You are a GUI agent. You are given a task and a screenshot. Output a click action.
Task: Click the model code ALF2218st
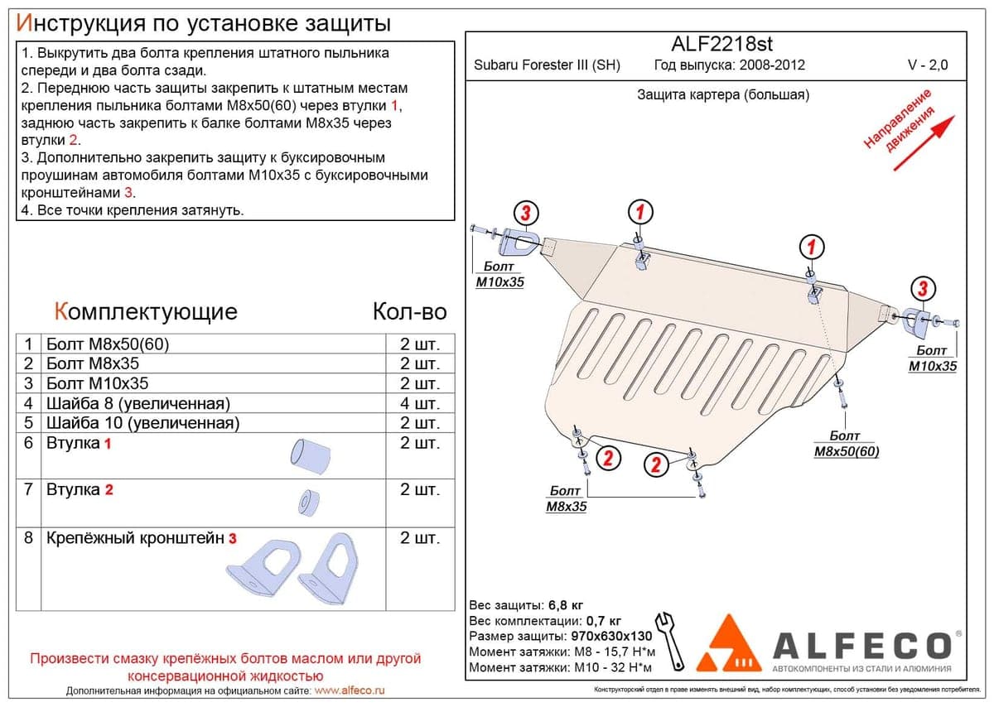721,44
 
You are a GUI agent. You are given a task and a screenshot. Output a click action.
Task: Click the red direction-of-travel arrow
924,143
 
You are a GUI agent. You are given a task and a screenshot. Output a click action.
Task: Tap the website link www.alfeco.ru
350,690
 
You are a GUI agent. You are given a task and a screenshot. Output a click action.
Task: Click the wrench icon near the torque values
671,642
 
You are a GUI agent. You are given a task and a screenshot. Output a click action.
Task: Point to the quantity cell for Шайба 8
420,403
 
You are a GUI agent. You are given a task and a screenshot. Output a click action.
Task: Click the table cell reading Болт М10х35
98,383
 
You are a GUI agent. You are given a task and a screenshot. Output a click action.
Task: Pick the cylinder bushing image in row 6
310,455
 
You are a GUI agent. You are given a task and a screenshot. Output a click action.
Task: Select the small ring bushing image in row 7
308,503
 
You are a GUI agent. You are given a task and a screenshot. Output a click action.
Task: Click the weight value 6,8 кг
566,605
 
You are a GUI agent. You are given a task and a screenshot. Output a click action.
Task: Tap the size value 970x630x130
611,636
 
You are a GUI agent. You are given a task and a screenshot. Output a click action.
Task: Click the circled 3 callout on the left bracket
526,213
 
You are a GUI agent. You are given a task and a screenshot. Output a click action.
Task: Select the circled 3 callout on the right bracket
923,288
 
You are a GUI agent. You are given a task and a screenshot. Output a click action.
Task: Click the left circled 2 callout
608,458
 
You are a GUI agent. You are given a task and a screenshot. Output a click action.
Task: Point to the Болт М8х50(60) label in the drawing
847,444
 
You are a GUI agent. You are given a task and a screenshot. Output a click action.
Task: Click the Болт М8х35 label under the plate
567,498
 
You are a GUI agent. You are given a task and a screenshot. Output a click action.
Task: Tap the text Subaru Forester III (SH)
547,65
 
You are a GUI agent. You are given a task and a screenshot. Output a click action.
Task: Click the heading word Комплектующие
146,312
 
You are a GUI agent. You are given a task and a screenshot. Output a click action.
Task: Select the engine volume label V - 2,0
928,65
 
